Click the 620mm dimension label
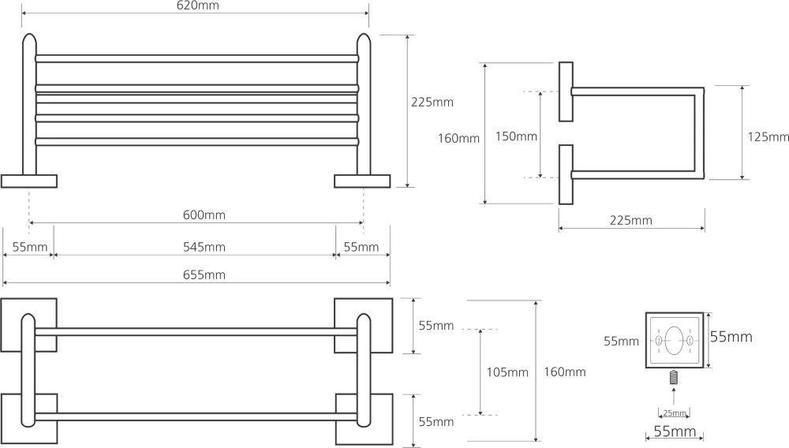tap(198, 6)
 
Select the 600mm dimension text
tap(204, 215)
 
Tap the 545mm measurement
tap(204, 247)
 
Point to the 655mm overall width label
tap(204, 274)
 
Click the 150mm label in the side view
tap(516, 136)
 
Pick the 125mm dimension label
tap(768, 136)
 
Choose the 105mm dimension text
tap(507, 372)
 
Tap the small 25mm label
tap(675, 413)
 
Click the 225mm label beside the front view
tap(432, 102)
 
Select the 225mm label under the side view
tap(631, 220)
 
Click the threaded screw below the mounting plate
tap(674, 377)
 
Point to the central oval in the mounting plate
tap(675, 341)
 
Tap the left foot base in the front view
tap(29, 181)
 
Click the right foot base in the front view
tap(362, 181)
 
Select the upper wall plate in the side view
tap(566, 92)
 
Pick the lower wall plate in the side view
tap(566, 174)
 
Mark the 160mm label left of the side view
tap(458, 138)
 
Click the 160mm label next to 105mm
tap(565, 372)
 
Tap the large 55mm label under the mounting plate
tap(675, 431)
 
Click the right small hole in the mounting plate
tap(690, 341)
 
